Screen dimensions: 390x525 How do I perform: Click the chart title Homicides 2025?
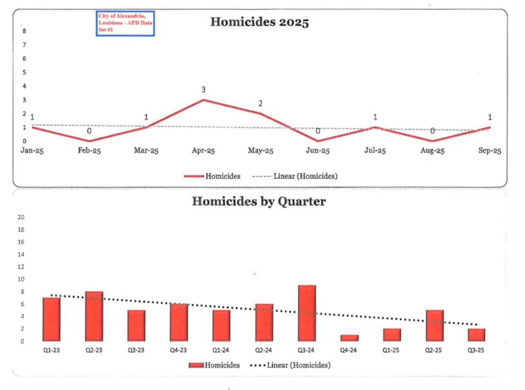[259, 22]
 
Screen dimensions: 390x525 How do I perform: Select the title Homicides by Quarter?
[259, 201]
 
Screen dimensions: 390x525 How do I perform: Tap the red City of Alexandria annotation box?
[125, 24]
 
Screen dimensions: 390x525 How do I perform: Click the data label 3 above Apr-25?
[204, 89]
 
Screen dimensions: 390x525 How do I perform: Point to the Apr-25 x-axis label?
[204, 151]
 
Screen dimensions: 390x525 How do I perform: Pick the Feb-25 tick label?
[89, 151]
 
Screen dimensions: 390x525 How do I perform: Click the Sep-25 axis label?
[490, 151]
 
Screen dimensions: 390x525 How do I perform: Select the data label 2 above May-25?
[260, 103]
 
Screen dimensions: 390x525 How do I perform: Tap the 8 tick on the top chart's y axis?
[24, 31]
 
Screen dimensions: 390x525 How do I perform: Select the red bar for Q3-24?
[307, 313]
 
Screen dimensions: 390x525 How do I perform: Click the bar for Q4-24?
[349, 338]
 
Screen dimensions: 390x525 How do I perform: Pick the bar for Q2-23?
[94, 316]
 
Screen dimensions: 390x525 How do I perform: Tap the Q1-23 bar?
[51, 319]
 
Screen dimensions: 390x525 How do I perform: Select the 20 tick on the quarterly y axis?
[22, 217]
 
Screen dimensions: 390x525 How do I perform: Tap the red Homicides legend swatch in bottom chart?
[196, 365]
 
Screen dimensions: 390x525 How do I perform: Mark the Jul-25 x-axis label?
[375, 151]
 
